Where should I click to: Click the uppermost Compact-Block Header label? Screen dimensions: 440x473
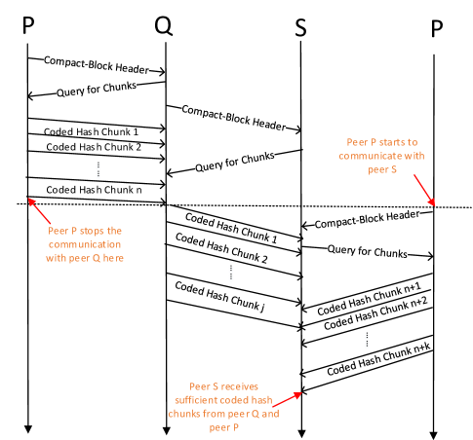[x=96, y=64]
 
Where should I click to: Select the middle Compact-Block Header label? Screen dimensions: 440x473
[x=234, y=118]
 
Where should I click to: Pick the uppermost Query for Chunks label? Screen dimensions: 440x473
[x=96, y=89]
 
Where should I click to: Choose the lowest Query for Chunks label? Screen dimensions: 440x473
[x=367, y=251]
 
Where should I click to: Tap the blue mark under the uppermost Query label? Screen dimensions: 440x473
[x=98, y=171]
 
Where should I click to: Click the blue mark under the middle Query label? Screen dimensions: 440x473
[x=231, y=275]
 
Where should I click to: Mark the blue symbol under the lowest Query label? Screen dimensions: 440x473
[x=367, y=341]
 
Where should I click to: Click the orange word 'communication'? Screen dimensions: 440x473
[x=86, y=245]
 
